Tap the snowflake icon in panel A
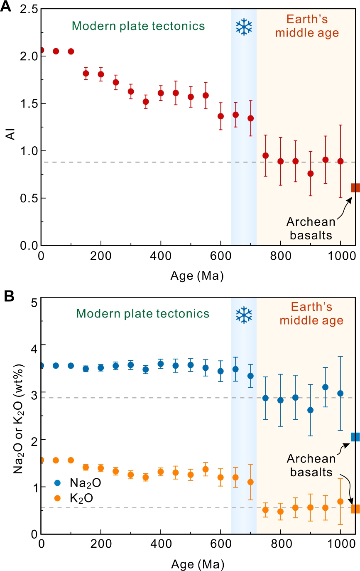click(244, 27)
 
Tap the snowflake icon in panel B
click(244, 315)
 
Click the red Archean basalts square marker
click(355, 188)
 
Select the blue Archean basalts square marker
click(355, 437)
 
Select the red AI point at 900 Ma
click(311, 173)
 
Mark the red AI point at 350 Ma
click(146, 101)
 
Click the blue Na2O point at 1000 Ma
click(340, 393)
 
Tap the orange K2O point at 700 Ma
click(250, 482)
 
